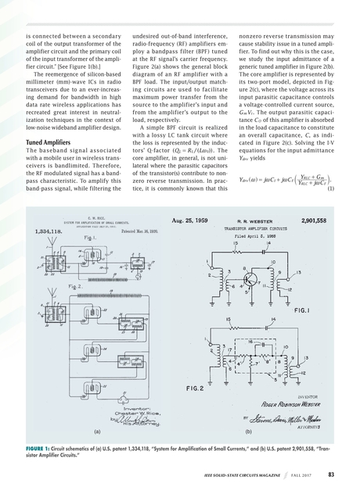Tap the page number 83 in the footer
tap(332, 473)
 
